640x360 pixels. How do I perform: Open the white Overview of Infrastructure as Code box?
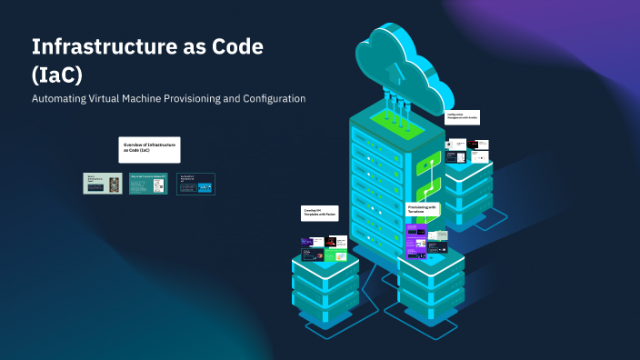click(149, 149)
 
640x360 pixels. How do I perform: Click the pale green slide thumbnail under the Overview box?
click(103, 184)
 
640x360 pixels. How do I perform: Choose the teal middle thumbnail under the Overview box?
click(148, 184)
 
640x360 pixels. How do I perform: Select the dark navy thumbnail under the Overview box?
click(195, 184)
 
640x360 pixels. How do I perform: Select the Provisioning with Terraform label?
click(422, 209)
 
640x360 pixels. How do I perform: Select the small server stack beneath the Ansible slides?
click(469, 186)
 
